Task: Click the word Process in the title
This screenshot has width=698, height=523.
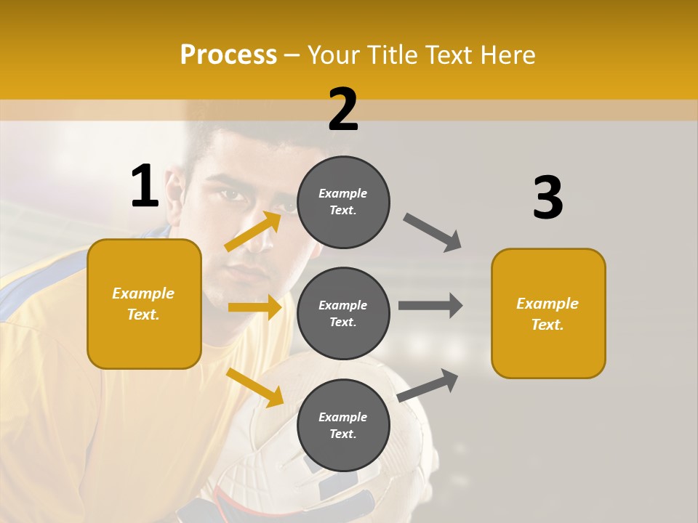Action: click(228, 55)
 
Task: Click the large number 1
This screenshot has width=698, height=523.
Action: click(145, 186)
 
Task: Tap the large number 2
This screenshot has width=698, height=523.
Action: click(343, 110)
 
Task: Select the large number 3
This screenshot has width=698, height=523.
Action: click(548, 198)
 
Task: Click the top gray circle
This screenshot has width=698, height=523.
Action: click(343, 202)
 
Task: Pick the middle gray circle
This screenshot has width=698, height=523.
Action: click(343, 313)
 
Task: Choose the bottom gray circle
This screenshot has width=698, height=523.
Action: click(343, 425)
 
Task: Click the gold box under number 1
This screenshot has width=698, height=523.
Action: click(144, 304)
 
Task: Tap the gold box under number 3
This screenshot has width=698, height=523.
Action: click(548, 313)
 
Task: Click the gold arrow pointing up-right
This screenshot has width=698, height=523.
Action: click(253, 231)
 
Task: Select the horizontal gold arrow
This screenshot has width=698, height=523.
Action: click(254, 307)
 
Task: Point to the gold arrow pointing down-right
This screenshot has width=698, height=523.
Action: click(254, 386)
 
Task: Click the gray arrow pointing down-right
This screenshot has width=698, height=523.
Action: click(432, 232)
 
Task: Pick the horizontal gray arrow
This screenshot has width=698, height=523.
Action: click(430, 306)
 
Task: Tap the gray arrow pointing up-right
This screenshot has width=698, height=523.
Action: click(428, 385)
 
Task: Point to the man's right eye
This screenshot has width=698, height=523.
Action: click(231, 195)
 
